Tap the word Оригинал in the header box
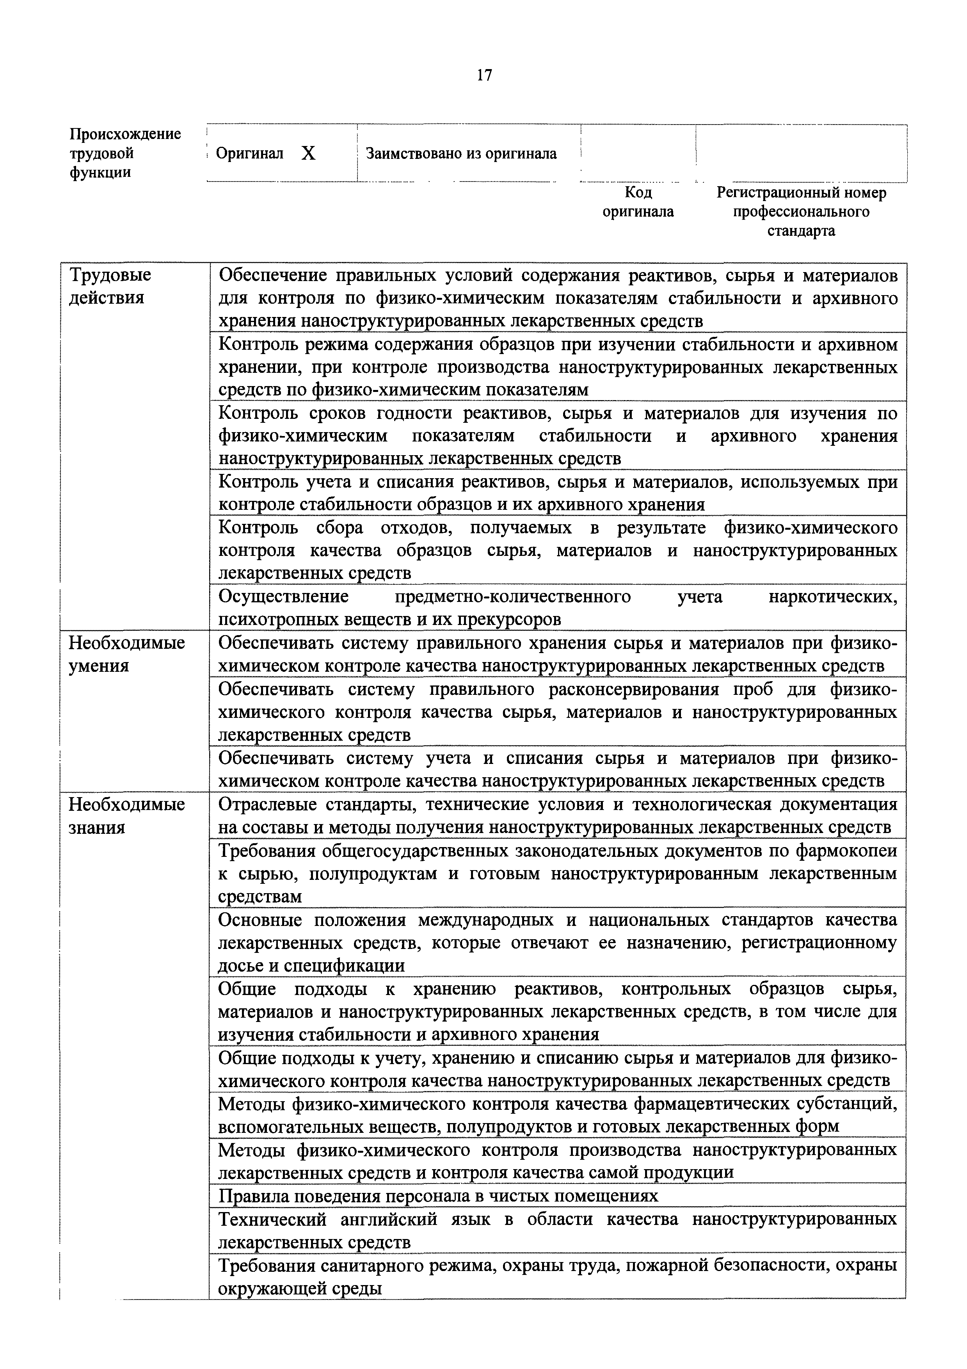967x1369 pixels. (x=249, y=154)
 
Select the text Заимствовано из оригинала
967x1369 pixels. (x=461, y=154)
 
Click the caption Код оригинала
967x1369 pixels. (x=638, y=201)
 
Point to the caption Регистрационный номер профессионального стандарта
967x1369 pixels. (x=801, y=211)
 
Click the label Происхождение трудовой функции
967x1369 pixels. (x=125, y=153)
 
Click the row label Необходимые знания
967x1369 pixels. (x=126, y=815)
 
